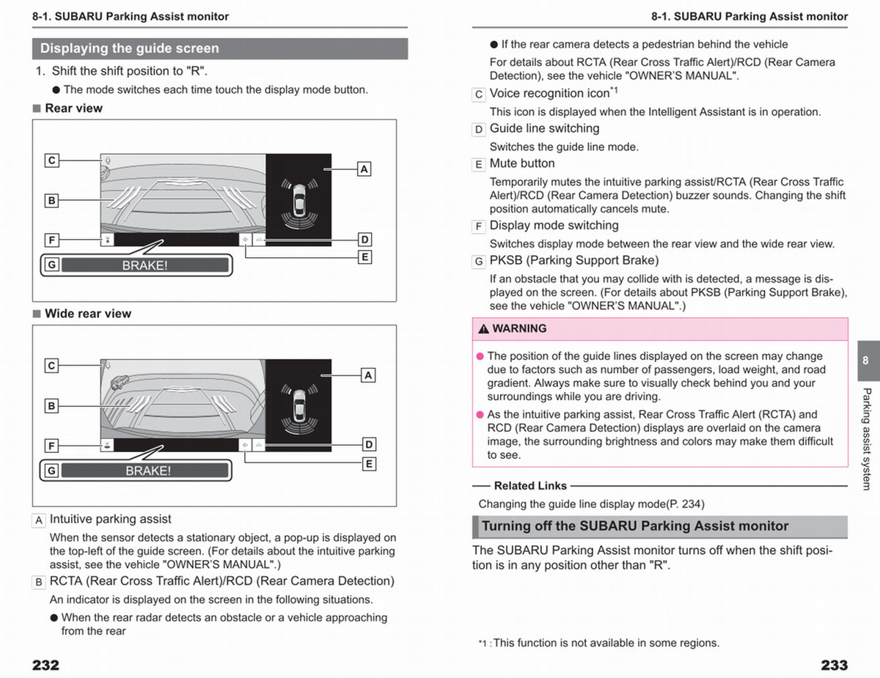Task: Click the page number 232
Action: click(45, 665)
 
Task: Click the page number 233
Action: click(835, 665)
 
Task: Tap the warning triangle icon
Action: click(483, 328)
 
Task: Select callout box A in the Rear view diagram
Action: click(364, 169)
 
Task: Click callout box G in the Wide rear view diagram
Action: click(51, 471)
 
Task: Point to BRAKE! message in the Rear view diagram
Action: click(145, 265)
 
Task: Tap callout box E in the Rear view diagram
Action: click(365, 257)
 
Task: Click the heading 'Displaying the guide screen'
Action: click(130, 48)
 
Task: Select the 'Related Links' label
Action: click(530, 486)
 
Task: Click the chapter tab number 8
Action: click(865, 360)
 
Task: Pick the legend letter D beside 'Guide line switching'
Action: click(479, 130)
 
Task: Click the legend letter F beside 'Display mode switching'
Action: click(479, 226)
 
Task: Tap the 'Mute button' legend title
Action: click(522, 163)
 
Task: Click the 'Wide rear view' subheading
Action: click(88, 313)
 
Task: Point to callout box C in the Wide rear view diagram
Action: click(51, 366)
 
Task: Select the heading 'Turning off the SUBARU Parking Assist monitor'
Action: click(635, 526)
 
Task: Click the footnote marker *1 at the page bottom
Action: click(483, 644)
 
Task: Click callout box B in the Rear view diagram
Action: click(51, 200)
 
